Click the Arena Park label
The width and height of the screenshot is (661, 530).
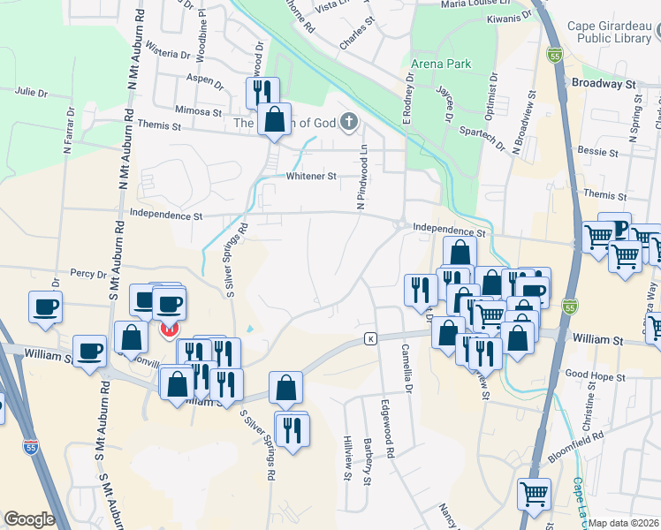tap(441, 64)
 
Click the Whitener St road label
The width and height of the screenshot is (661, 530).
tap(311, 176)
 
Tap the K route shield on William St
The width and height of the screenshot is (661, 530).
tap(371, 338)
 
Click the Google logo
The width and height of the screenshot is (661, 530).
tap(29, 519)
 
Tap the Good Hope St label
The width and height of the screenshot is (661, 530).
tap(595, 376)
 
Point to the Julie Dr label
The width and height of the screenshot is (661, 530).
tap(31, 91)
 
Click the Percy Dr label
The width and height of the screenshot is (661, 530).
tap(89, 274)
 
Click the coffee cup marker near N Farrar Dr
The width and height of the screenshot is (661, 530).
tap(44, 307)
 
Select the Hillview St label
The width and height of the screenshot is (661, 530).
tap(347, 458)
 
